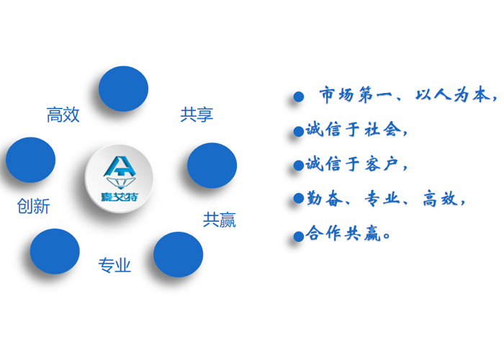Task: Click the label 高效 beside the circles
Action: [63, 114]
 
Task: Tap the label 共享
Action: [197, 114]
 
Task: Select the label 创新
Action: [33, 206]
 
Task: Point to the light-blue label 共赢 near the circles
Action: [220, 220]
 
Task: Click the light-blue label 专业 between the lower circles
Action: [114, 265]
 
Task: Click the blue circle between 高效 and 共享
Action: [123, 89]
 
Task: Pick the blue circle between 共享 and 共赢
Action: [212, 165]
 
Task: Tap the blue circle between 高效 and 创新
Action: [30, 160]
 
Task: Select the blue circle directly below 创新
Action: [55, 251]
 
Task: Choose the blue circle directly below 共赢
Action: [178, 255]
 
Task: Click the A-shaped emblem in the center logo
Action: [120, 172]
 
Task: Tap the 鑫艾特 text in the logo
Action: [120, 197]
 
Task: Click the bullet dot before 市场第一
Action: [299, 96]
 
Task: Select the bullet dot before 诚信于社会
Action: [299, 131]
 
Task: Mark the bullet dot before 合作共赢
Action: [299, 237]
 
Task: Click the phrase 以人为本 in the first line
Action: [453, 95]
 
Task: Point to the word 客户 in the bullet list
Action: [382, 164]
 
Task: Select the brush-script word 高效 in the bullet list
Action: [440, 198]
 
